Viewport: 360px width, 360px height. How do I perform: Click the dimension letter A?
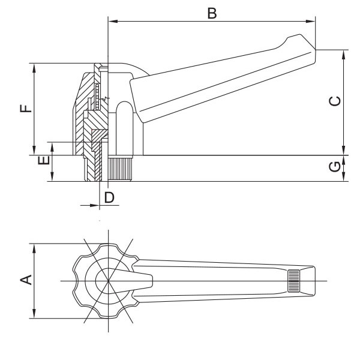point(26,279)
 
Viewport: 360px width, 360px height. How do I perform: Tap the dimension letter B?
point(211,13)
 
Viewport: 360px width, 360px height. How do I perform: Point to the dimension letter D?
point(109,196)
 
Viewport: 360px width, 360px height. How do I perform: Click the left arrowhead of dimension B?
point(111,23)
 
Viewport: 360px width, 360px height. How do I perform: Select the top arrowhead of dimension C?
point(344,53)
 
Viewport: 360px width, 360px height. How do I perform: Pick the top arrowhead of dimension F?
point(35,67)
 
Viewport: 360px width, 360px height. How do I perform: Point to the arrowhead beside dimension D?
point(94,205)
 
